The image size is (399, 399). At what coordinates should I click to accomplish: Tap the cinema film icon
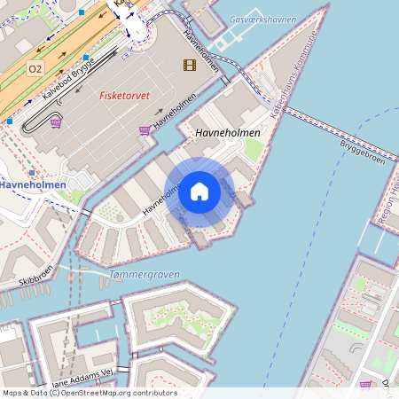189,64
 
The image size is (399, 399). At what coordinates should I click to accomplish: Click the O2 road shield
35,68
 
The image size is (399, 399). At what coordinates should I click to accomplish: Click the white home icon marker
199,191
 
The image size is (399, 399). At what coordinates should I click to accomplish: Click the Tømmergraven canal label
143,274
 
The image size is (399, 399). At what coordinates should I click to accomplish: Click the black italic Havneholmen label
227,132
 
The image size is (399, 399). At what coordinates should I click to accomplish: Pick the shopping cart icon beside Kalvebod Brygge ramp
56,123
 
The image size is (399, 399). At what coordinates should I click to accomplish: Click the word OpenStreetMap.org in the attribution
114,393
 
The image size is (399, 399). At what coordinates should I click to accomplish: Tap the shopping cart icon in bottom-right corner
366,384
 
